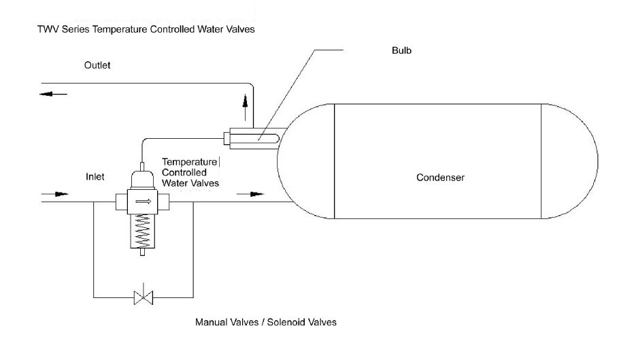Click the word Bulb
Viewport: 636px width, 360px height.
tap(401, 50)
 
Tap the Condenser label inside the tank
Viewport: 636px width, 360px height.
tap(440, 178)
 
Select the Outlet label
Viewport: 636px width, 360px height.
tap(97, 65)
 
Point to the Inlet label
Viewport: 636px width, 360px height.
tap(95, 176)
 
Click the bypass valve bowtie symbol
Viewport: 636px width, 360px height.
tap(143, 297)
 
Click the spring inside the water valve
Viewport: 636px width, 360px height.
tap(142, 231)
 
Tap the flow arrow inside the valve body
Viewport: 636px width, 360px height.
tap(143, 201)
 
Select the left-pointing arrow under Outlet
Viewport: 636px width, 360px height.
tap(54, 94)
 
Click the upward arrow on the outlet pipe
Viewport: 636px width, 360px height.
tap(245, 108)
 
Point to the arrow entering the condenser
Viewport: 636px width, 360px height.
tap(250, 194)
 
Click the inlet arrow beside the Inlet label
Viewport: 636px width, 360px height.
tap(55, 194)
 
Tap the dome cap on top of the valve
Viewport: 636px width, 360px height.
tap(142, 180)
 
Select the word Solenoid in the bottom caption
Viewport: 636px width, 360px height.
tap(286, 323)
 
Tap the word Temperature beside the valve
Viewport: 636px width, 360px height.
tap(189, 162)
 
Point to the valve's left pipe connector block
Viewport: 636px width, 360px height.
tap(121, 201)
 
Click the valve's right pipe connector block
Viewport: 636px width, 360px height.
tap(163, 201)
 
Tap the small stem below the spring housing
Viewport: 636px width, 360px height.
tap(142, 252)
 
